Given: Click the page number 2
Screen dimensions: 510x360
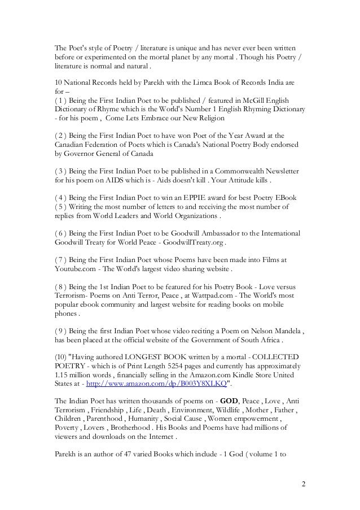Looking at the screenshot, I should tap(303, 484).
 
